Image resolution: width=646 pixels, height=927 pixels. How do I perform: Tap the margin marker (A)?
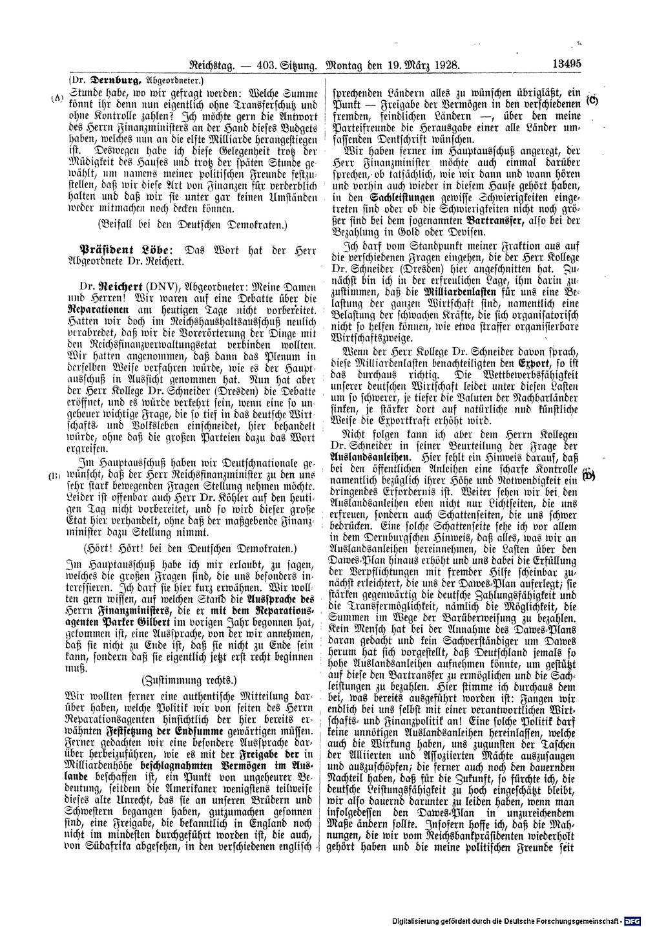click(x=54, y=98)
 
